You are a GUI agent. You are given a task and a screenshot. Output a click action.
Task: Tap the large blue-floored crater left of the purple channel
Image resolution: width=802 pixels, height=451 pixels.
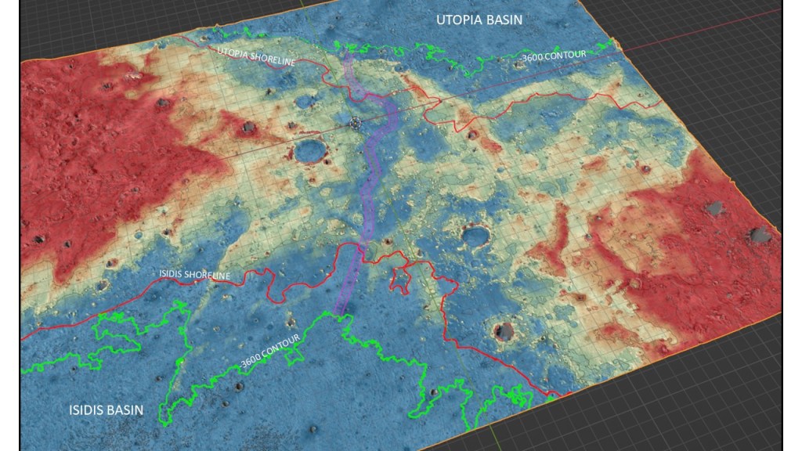tap(311, 150)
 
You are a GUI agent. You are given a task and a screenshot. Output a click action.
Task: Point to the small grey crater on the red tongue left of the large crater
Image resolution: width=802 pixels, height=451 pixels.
tap(249, 127)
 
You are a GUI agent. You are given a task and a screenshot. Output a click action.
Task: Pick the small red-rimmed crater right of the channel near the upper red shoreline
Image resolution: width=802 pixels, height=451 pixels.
tap(472, 133)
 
